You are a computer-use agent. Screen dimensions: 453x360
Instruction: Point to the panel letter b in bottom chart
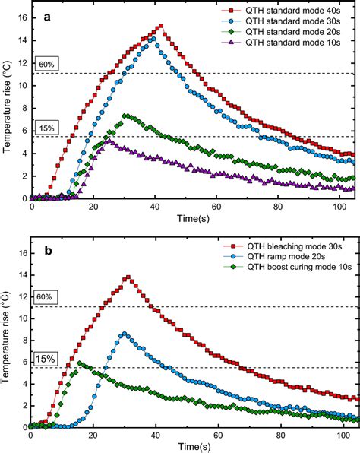click(46, 248)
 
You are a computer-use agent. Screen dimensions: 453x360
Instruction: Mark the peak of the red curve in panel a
click(160, 26)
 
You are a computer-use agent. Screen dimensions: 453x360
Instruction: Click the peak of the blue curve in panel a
click(153, 38)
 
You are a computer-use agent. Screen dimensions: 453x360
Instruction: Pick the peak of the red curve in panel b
click(128, 277)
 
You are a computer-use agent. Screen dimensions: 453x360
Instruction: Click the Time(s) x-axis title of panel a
click(192, 219)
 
